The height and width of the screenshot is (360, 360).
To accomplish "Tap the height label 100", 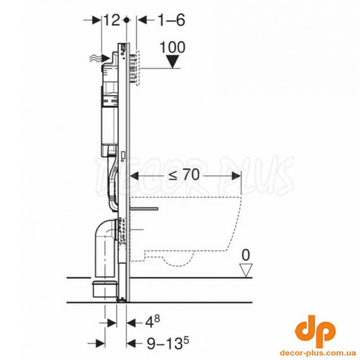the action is click(172, 47).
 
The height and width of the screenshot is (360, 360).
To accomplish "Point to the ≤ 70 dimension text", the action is click(184, 175).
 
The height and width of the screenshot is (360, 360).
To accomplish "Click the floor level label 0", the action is click(246, 255).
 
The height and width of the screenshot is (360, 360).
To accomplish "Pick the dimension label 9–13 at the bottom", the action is click(168, 343).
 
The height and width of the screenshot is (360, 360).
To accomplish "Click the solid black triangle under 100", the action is click(172, 62).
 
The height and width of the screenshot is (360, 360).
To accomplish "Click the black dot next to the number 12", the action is click(126, 20).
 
